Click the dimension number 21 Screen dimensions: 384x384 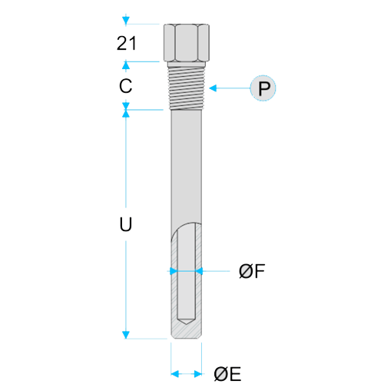pyautogui.click(x=127, y=43)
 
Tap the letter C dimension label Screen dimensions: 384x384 pyautogui.click(x=125, y=86)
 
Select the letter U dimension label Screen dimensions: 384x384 pyautogui.click(x=126, y=224)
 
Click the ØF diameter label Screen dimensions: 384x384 pyautogui.click(x=252, y=271)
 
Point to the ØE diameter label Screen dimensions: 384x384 pyautogui.click(x=227, y=374)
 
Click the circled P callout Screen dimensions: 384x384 pyautogui.click(x=263, y=88)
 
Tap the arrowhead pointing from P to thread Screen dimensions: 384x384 pyautogui.click(x=213, y=88)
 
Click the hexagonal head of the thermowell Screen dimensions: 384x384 pyautogui.click(x=187, y=43)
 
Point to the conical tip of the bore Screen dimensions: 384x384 pyautogui.click(x=187, y=322)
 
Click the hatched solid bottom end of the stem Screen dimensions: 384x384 pyautogui.click(x=187, y=332)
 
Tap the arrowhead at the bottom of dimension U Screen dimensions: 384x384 pyautogui.click(x=126, y=335)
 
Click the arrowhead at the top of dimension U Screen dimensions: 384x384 pyautogui.click(x=126, y=114)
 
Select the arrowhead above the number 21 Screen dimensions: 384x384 pyautogui.click(x=126, y=20)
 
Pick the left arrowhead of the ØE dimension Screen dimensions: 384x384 pyautogui.click(x=174, y=374)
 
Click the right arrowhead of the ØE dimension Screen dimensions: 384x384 pyautogui.click(x=198, y=374)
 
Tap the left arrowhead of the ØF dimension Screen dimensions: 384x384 pyautogui.click(x=174, y=271)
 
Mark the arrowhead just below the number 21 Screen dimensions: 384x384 pyautogui.click(x=126, y=65)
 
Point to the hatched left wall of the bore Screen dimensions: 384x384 pyautogui.click(x=174, y=279)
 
